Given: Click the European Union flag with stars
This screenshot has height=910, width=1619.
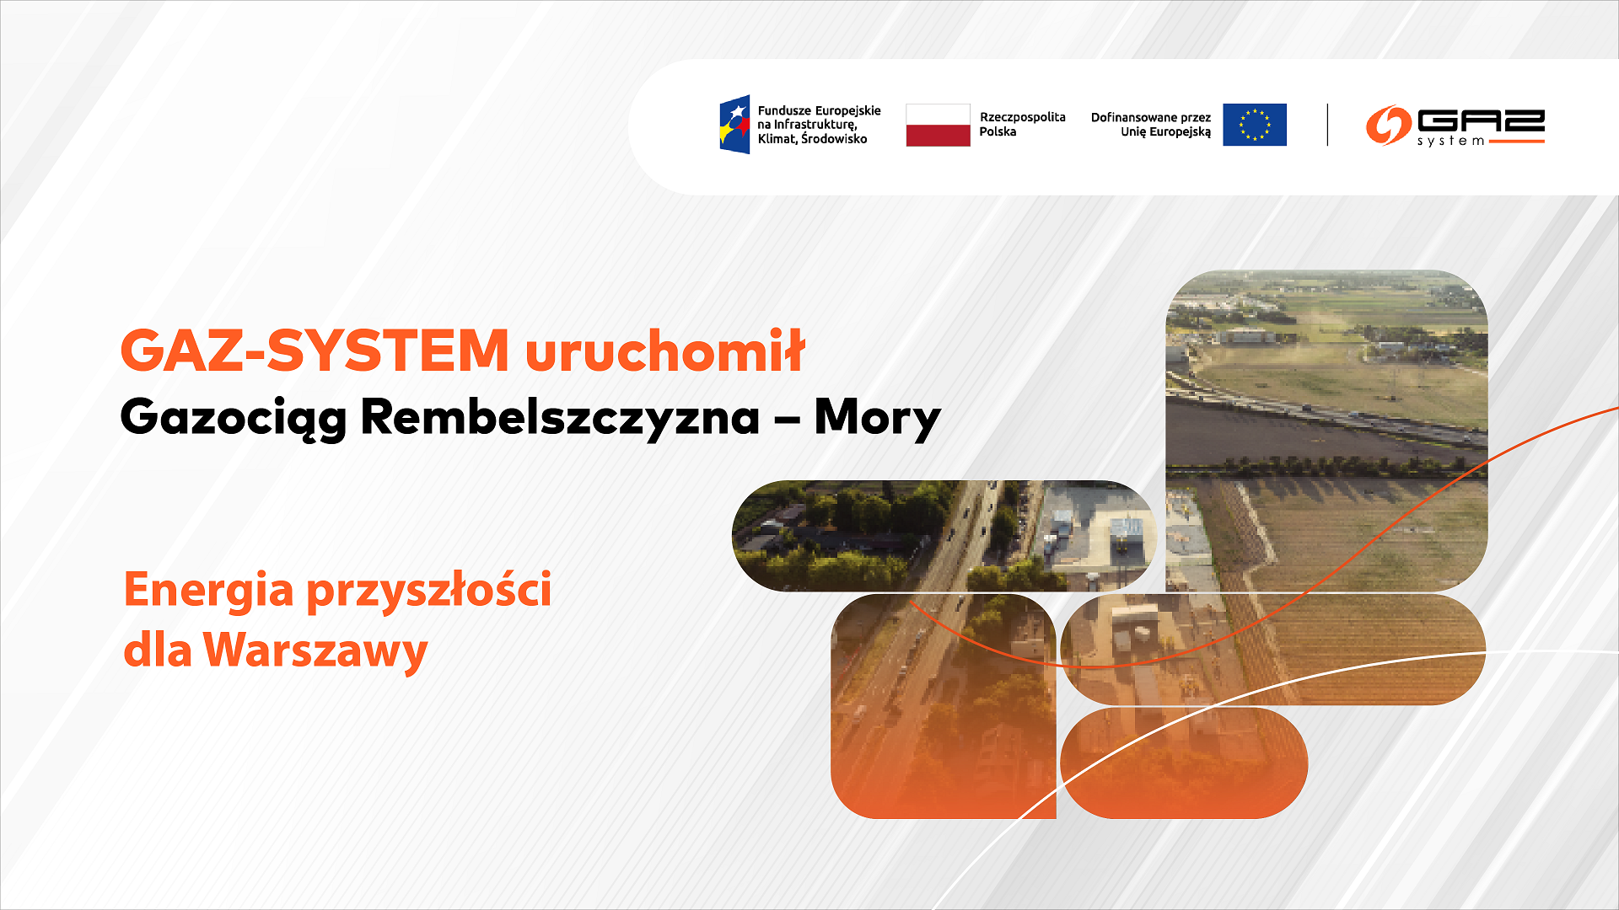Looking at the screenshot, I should click(1254, 125).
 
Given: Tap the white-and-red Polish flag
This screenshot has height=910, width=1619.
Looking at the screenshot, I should click(938, 125).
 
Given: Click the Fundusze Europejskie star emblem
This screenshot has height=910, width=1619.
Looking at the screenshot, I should click(734, 125).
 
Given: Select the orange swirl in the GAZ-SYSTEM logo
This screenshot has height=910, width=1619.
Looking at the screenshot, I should click(1388, 125).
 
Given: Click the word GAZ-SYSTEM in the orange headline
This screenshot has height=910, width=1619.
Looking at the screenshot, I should click(315, 351).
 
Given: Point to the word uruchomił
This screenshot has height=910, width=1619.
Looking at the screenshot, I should click(665, 351).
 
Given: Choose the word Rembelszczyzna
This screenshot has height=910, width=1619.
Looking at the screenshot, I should click(560, 417).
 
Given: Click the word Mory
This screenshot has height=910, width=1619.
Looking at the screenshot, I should click(877, 417).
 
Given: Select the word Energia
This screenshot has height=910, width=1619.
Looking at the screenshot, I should click(208, 589).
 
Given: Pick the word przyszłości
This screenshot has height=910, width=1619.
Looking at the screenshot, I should click(428, 589).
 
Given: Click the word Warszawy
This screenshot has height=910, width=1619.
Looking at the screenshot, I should click(315, 650).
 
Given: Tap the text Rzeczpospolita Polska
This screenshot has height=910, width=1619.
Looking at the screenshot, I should click(1021, 125).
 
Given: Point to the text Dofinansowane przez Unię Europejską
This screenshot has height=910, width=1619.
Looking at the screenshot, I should click(1150, 125).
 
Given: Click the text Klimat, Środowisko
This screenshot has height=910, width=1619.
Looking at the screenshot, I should click(811, 139).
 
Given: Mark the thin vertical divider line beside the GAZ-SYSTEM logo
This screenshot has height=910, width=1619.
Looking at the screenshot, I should click(1327, 125).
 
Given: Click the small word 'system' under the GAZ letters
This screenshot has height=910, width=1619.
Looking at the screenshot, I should click(1450, 141).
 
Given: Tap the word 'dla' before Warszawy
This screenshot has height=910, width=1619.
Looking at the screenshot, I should click(158, 650).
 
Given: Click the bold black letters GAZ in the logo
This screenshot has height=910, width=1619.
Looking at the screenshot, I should click(1481, 120).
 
